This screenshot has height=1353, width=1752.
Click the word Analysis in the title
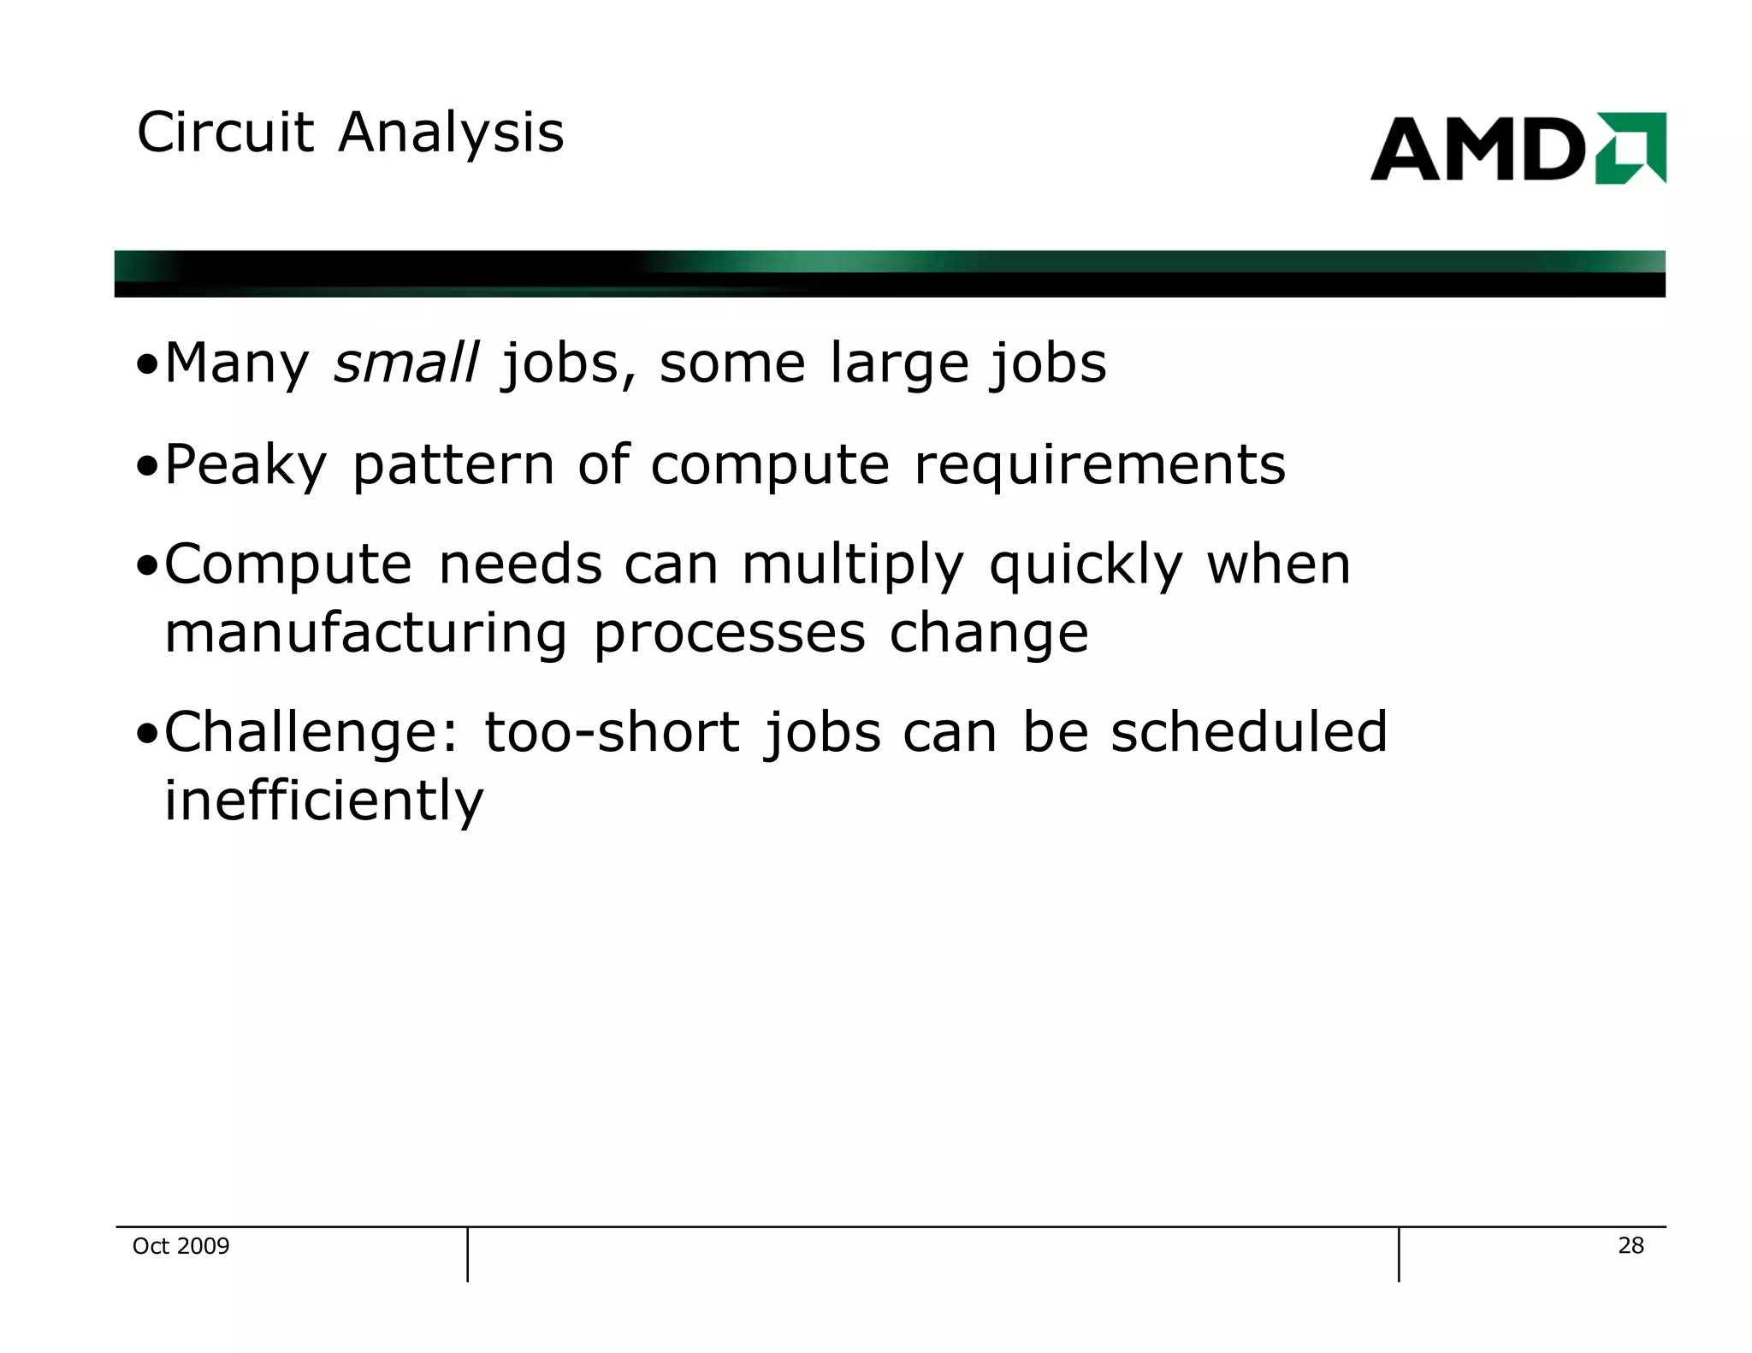451,135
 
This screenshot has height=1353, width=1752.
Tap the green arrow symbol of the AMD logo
1631,148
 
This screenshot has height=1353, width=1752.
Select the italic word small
405,363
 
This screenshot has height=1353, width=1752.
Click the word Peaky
246,466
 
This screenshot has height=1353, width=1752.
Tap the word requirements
1099,466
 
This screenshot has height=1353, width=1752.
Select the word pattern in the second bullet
453,466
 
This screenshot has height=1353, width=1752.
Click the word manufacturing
365,635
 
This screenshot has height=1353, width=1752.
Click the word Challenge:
311,734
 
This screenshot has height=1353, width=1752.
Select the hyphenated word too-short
612,734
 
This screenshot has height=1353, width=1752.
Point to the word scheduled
1248,733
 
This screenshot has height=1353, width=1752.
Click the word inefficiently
323,802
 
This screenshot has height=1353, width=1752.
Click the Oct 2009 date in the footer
181,1246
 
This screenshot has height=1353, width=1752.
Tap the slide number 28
1631,1245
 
